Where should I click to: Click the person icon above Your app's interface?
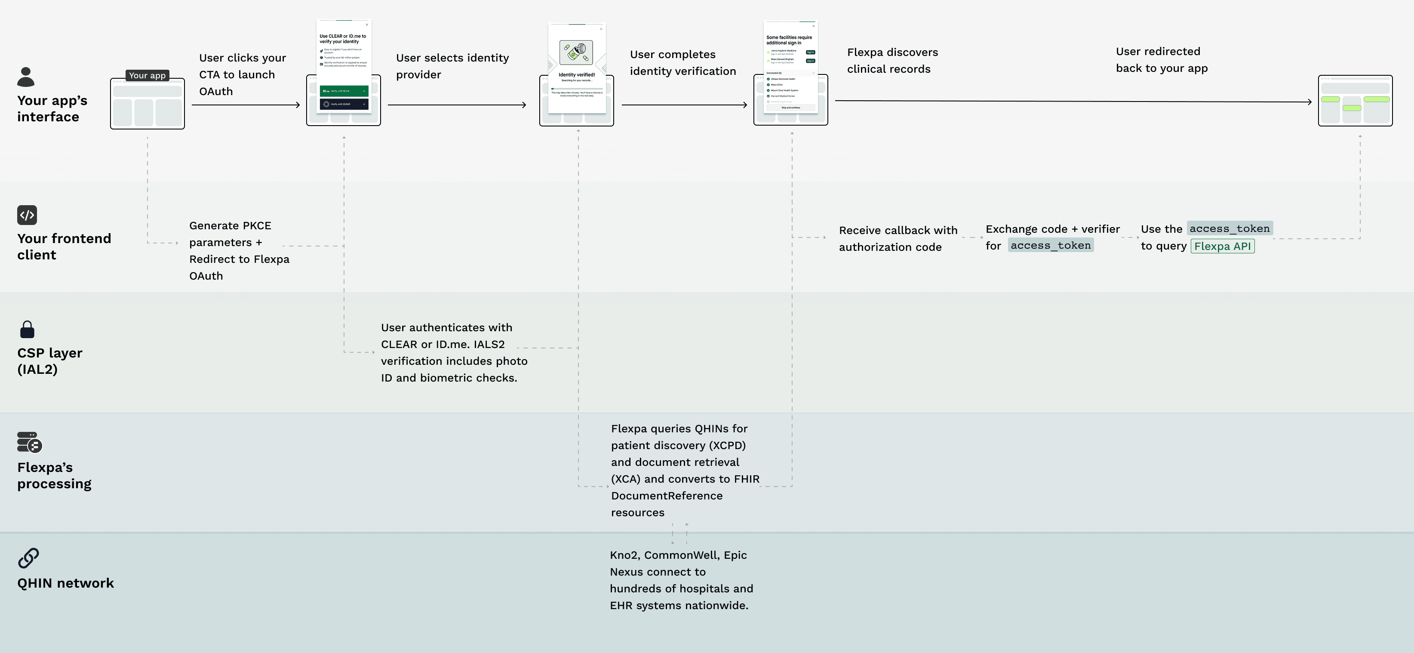26,77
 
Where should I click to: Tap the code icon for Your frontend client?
27,215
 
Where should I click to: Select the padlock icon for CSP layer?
27,330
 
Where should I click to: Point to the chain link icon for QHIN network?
28,558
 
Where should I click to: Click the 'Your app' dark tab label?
147,75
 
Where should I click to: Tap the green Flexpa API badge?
1223,246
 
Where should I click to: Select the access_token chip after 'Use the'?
1230,228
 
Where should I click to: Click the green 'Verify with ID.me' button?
344,91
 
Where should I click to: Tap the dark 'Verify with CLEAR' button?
344,104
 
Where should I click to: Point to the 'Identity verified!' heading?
576,75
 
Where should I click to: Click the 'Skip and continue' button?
790,108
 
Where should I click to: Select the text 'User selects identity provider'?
452,66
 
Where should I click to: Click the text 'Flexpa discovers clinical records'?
892,60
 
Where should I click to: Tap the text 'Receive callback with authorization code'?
898,238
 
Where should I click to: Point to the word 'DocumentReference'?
667,496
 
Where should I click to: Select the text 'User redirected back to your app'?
1161,59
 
